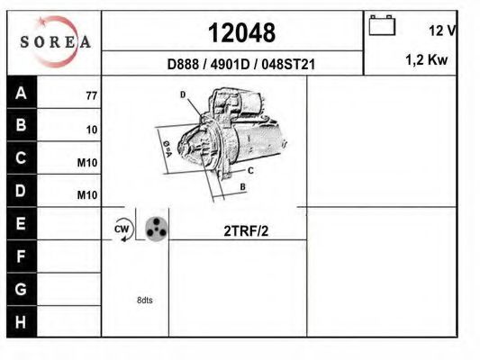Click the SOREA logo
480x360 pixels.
point(55,41)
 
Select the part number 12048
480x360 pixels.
point(242,32)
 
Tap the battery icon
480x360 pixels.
point(382,25)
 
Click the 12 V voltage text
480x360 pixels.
point(442,31)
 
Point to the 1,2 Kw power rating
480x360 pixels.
point(427,59)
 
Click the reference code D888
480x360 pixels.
point(183,64)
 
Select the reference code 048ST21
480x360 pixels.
point(288,64)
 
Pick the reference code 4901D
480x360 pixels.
point(231,64)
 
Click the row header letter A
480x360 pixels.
point(21,93)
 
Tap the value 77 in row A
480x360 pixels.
point(92,96)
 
